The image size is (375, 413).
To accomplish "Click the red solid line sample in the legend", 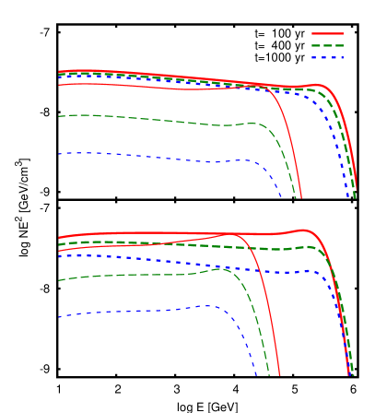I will click(327, 33).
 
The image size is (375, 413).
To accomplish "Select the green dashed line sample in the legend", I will click(327, 45).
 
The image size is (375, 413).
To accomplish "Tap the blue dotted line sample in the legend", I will click(327, 57).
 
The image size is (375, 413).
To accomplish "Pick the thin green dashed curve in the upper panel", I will click(138, 119).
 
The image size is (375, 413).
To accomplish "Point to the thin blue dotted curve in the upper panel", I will click(138, 156).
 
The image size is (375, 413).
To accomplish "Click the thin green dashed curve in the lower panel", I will click(138, 274).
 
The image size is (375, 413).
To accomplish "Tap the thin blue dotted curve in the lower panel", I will click(138, 311).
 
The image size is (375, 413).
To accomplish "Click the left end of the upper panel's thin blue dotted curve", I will click(59, 154).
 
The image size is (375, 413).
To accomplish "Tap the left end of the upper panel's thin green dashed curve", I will click(59, 116).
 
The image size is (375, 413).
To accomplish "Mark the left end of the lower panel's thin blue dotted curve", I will click(59, 317).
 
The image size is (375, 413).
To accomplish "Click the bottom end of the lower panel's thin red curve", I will click(279, 374).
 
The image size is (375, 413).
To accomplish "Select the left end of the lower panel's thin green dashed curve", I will click(59, 280).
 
